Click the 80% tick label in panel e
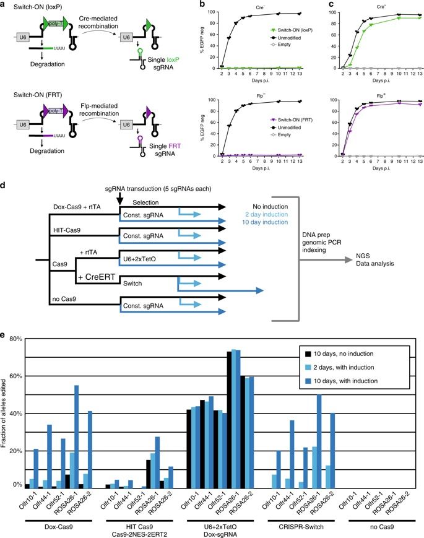tap(14, 339)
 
